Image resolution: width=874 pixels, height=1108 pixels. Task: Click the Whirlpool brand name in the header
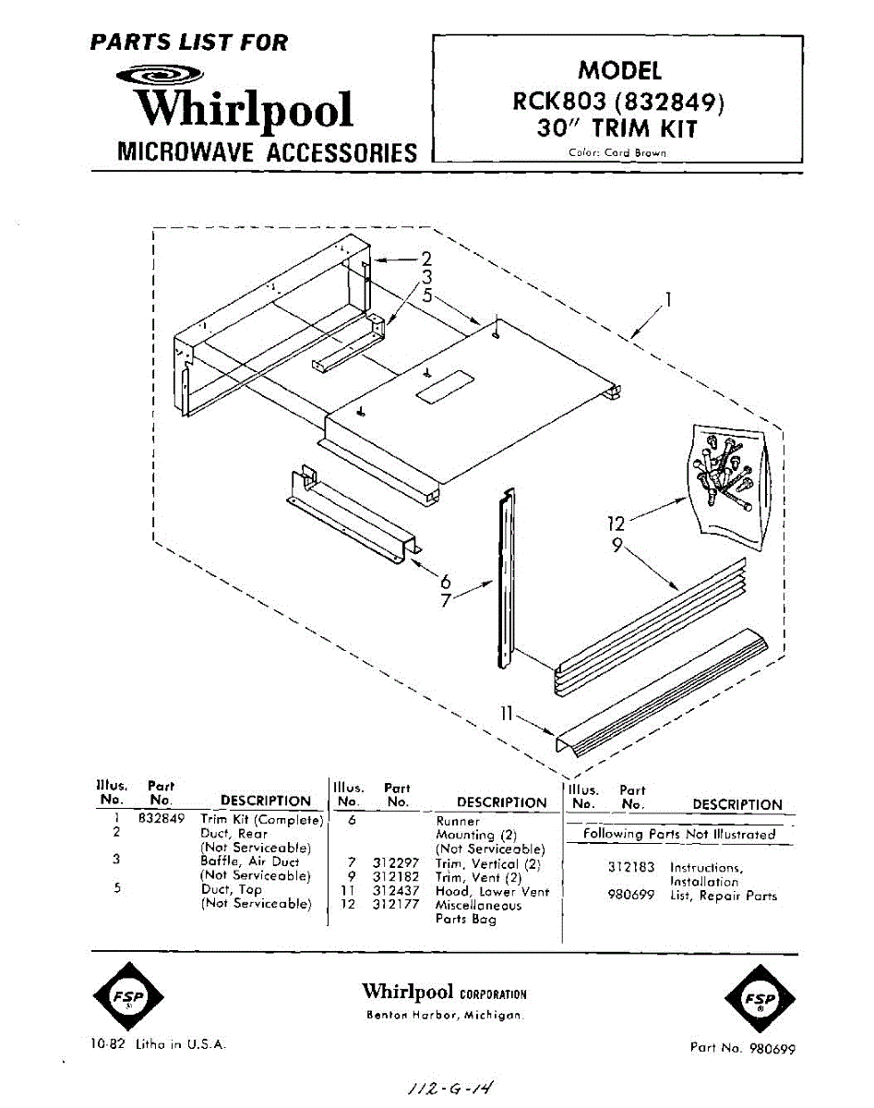click(x=244, y=109)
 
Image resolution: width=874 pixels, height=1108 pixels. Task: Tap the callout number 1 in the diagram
click(x=668, y=299)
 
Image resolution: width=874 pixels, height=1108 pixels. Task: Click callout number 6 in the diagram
click(x=446, y=581)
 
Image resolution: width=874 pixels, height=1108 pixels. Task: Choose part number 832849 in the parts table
click(x=162, y=819)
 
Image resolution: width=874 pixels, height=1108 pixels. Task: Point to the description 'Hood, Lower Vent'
click(x=492, y=892)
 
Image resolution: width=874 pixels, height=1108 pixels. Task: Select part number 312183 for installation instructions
click(x=631, y=868)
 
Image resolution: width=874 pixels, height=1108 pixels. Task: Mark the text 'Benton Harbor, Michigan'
click(x=445, y=1016)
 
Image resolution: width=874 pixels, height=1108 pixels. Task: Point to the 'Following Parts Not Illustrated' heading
click(x=679, y=834)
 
